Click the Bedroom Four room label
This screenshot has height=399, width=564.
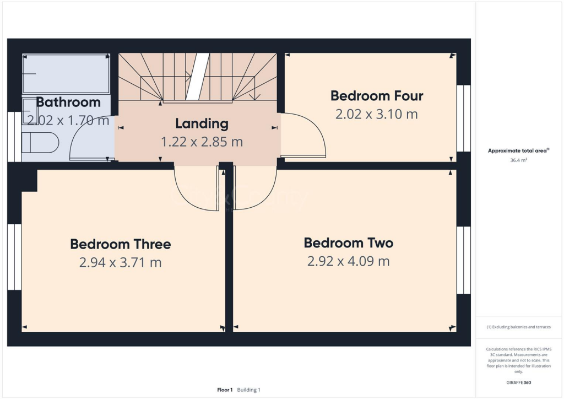[x=377, y=96]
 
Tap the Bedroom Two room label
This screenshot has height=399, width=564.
[x=348, y=243]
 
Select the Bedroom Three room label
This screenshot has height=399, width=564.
[x=120, y=244]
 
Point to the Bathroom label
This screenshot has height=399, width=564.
[x=68, y=102]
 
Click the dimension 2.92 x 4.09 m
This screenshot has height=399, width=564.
[x=348, y=261]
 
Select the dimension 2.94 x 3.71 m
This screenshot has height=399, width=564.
[x=120, y=262]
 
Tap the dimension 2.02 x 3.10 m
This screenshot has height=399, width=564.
[x=377, y=114]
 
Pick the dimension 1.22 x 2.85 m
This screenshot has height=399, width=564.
[x=202, y=142]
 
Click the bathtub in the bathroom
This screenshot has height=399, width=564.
[x=66, y=73]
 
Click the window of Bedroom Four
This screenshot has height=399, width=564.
[x=464, y=118]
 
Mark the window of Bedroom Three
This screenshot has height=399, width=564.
[x=14, y=257]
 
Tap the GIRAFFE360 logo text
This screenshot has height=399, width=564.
[x=519, y=382]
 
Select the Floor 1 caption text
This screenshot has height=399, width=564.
[x=225, y=390]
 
